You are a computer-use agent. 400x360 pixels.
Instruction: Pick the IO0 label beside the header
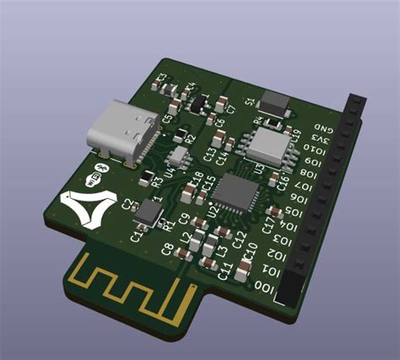click(262, 286)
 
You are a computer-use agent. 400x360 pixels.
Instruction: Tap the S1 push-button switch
click(275, 102)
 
